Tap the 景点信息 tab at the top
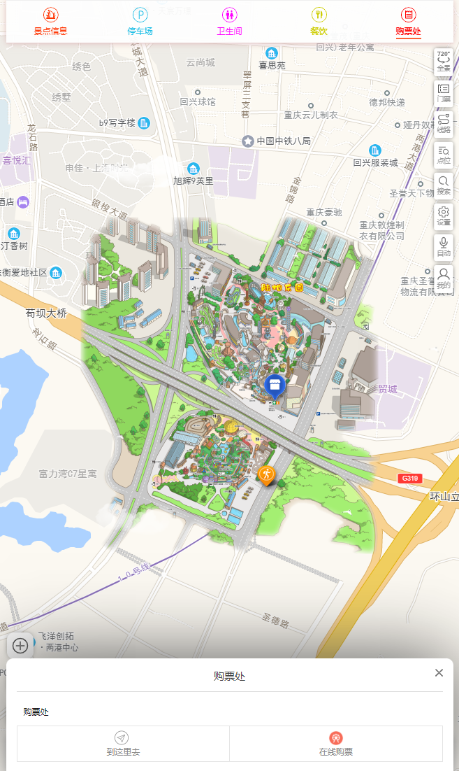[50, 21]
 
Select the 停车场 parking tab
[140, 21]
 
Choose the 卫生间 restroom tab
[229, 21]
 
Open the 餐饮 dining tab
[319, 21]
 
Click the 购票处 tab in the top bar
[408, 21]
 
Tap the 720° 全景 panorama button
[444, 61]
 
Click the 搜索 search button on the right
[444, 185]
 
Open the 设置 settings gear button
[444, 215]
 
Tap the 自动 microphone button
[444, 246]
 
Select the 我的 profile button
[444, 278]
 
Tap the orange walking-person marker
[266, 474]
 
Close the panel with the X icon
[439, 673]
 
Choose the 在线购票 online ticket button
[336, 743]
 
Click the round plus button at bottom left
[20, 645]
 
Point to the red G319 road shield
[409, 479]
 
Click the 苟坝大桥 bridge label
[47, 313]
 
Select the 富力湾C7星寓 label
[68, 474]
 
